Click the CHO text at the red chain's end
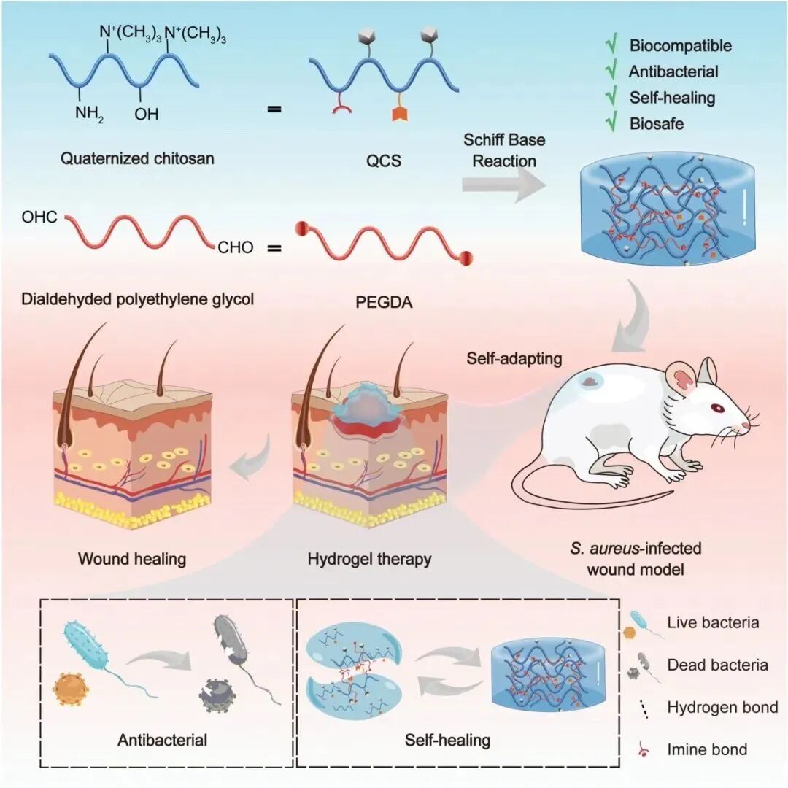[235, 248]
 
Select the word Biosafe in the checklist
[657, 124]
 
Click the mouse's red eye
[717, 408]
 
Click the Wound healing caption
[132, 560]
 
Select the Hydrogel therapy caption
[369, 560]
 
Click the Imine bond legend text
[707, 749]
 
